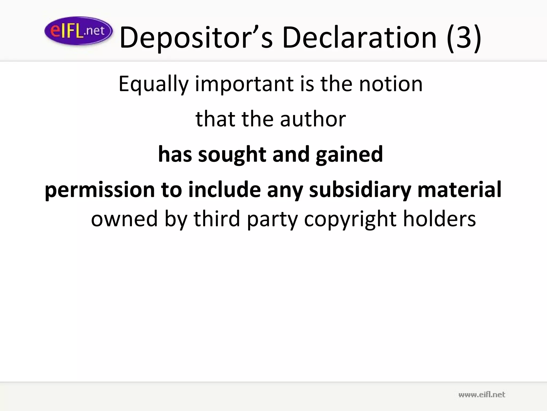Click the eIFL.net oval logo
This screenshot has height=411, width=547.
click(x=78, y=31)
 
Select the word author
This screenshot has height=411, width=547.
click(x=313, y=119)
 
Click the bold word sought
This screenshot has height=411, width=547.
click(x=232, y=155)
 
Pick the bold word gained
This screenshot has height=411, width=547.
click(x=349, y=155)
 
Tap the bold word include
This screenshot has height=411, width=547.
click(x=224, y=189)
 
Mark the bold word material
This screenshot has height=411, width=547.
click(x=459, y=189)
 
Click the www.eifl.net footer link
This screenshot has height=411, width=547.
click(x=482, y=394)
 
